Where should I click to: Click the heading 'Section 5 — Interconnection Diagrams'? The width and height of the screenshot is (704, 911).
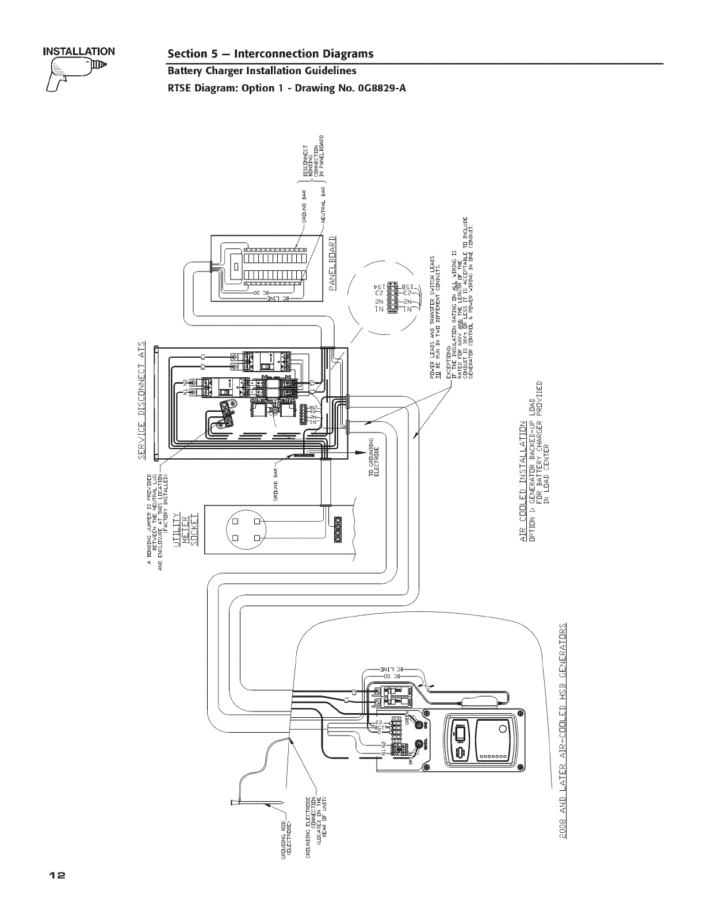pyautogui.click(x=270, y=53)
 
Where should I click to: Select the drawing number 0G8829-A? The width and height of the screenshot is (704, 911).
pyautogui.click(x=377, y=87)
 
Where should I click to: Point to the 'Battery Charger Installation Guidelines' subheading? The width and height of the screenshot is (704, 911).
pyautogui.click(x=262, y=71)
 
